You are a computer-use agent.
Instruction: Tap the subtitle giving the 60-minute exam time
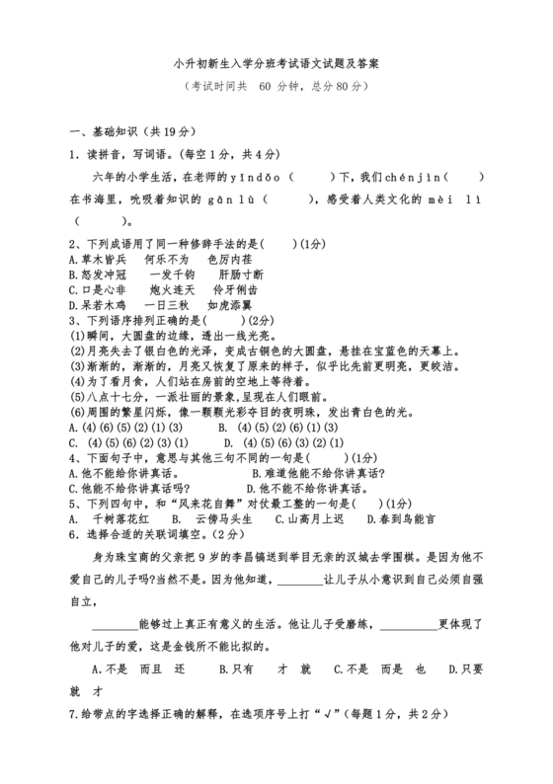pyautogui.click(x=276, y=86)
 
